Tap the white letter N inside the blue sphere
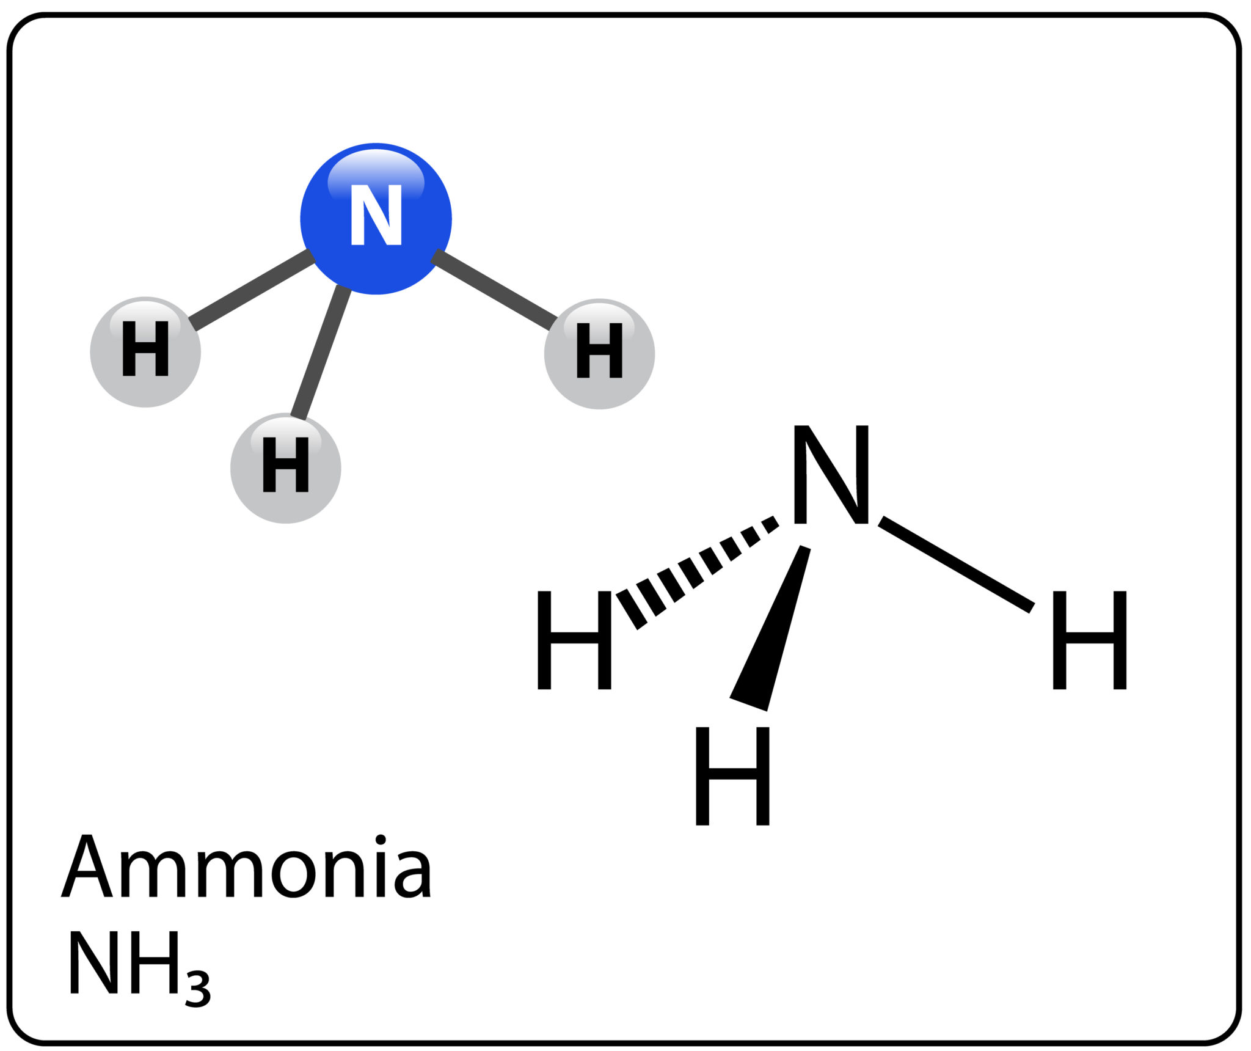[x=376, y=215]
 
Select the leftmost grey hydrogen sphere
[x=145, y=353]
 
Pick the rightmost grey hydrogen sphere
[x=599, y=354]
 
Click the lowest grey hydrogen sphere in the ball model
[x=285, y=469]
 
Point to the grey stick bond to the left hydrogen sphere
[x=252, y=290]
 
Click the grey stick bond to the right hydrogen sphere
[x=495, y=291]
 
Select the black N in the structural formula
[x=831, y=475]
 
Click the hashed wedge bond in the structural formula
[x=696, y=571]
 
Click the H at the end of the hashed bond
[x=574, y=640]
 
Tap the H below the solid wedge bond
[x=732, y=776]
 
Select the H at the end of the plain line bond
[x=1089, y=640]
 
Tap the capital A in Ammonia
[x=87, y=866]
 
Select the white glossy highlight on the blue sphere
[x=376, y=171]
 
